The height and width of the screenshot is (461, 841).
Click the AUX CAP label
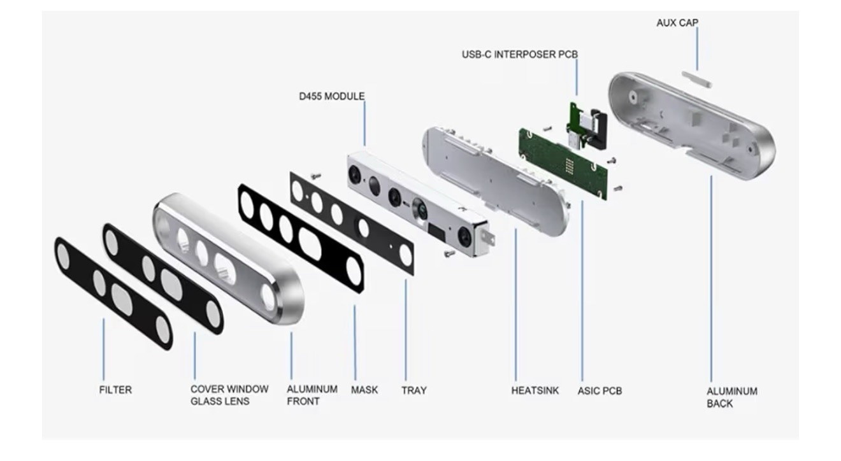[x=677, y=23]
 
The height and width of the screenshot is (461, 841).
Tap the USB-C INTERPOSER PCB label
[x=520, y=55]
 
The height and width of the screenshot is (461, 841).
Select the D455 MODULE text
[x=331, y=96]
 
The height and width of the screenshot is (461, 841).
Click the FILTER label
[x=115, y=390]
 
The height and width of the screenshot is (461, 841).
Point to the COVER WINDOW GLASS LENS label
[x=229, y=395]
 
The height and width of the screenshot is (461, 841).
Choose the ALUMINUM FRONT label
[x=312, y=395]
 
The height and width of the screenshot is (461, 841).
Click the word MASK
[x=364, y=390]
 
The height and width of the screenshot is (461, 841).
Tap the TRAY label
[x=413, y=390]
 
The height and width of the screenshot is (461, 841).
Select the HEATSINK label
[x=535, y=390]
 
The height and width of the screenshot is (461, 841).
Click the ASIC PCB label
[x=600, y=391]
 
